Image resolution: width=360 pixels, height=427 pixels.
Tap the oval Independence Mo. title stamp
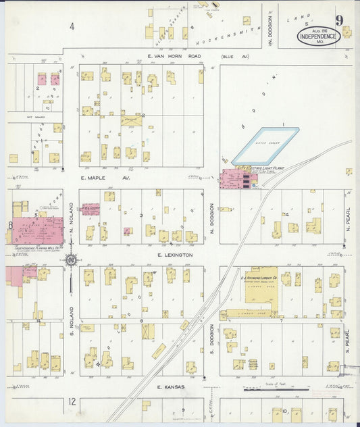317,35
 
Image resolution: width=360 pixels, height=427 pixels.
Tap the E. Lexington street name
174,255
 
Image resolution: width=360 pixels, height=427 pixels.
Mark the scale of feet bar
276,390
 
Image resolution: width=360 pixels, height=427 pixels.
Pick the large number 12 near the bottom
72,403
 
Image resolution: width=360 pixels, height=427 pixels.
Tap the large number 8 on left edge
10,226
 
